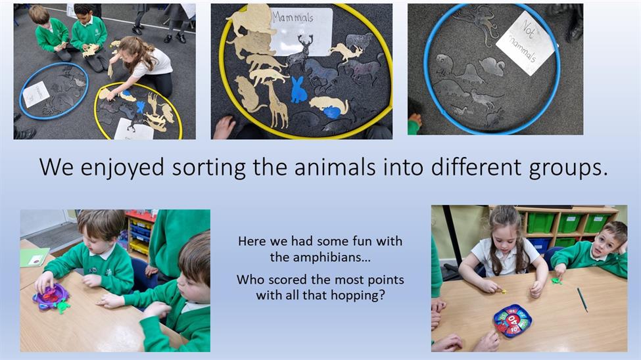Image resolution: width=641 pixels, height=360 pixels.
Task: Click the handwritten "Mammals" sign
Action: coord(301,31)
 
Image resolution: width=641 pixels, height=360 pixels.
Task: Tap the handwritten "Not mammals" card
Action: coord(525,42)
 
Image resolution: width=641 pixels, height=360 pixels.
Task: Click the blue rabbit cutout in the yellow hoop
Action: coord(299,90)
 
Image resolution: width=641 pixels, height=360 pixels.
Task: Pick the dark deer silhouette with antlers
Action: coord(300,53)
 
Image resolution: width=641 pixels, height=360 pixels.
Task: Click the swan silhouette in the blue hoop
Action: coord(492,66)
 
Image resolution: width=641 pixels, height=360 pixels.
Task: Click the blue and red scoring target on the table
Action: coord(513,321)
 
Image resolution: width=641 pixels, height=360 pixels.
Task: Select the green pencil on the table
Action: coord(582,300)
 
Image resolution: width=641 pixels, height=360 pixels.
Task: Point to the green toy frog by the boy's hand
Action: coord(556,281)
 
